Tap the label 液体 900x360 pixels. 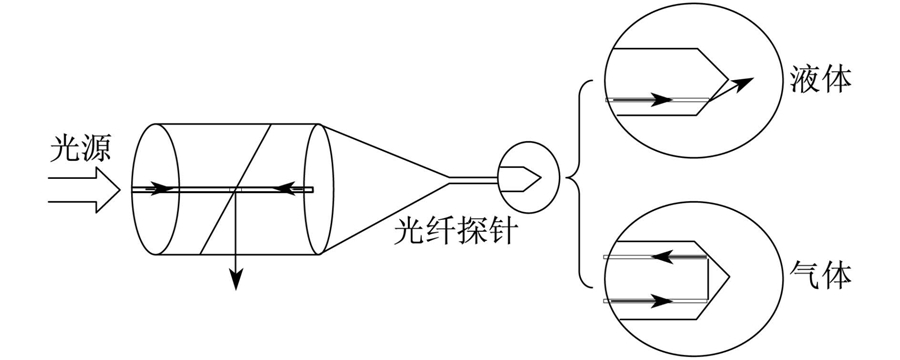pos(820,80)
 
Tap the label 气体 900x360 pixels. pos(820,276)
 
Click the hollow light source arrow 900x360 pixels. pos(84,190)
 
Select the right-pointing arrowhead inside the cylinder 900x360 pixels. pos(162,188)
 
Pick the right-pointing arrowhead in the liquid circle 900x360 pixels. pos(661,100)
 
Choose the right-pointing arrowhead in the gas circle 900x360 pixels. pos(661,300)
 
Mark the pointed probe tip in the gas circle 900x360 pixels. pos(729,277)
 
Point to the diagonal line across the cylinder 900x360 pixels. pos(235,189)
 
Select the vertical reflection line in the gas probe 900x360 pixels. pos(708,278)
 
